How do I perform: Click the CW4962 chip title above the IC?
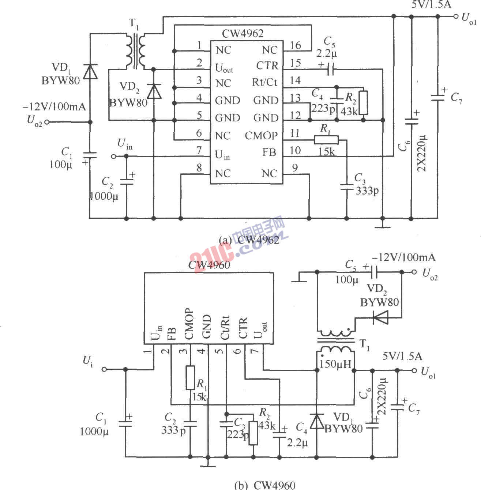pos(243,34)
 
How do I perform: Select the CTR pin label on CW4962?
pos(267,66)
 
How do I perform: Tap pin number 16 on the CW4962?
pos(296,45)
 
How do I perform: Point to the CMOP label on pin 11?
pos(261,136)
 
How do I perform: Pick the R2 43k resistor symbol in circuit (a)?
pos(363,103)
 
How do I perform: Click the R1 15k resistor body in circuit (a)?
pos(326,139)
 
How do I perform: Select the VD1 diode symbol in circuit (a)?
pos(90,72)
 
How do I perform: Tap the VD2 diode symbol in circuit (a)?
pos(154,91)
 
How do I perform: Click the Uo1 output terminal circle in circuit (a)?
pos(455,16)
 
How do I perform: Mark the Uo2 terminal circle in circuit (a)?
pos(46,122)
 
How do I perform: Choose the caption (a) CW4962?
pos(249,240)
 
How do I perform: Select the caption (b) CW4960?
pos(264,485)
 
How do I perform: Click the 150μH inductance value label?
pos(335,364)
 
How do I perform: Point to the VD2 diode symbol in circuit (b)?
pos(380,317)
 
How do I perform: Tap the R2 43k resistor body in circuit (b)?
pos(253,433)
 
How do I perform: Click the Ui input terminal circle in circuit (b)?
pos(104,369)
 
